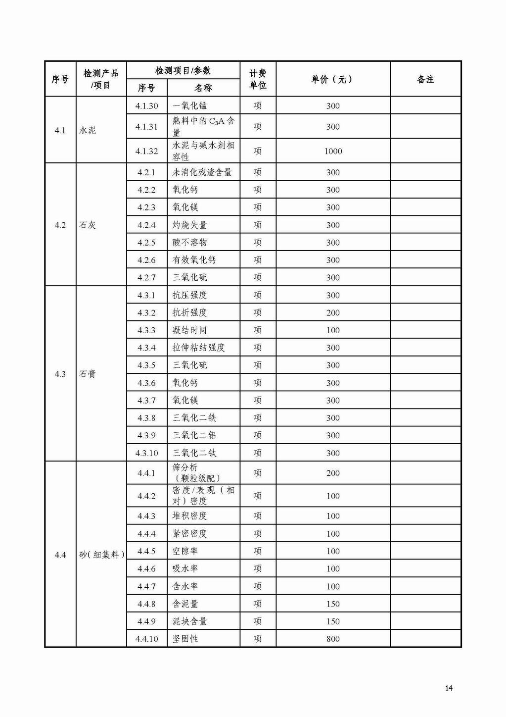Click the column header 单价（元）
point(332,79)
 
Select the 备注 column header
point(425,79)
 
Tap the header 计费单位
point(258,79)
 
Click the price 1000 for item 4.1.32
point(333,151)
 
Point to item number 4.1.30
point(146,105)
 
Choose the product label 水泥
point(88,130)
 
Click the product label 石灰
point(88,225)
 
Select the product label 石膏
point(88,374)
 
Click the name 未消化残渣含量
point(202,172)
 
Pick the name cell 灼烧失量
point(189,225)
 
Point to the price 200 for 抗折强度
point(333,312)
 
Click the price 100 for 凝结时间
point(333,330)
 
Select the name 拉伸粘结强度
point(198,348)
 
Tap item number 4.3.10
point(146,453)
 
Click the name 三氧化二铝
point(194,435)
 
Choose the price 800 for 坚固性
point(333,639)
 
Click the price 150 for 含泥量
point(333,604)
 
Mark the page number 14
point(449,688)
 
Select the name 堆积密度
point(189,516)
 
